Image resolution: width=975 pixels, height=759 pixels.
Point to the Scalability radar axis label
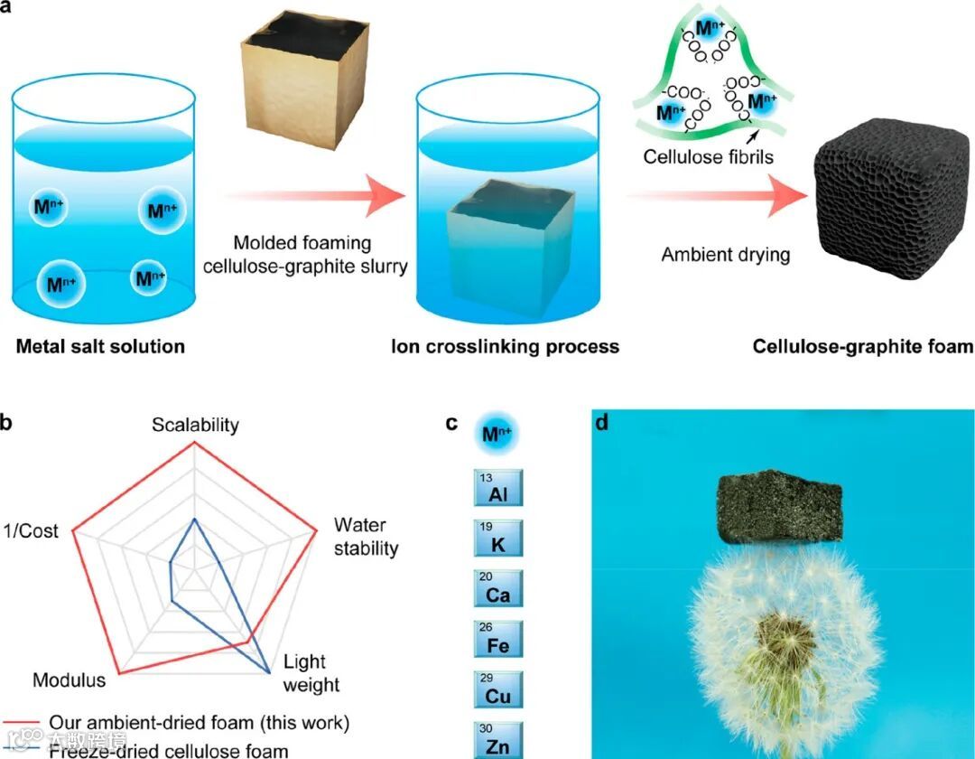[x=195, y=425]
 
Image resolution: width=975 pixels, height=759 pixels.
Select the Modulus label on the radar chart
[x=69, y=679]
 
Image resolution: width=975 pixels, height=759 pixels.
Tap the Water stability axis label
[x=365, y=537]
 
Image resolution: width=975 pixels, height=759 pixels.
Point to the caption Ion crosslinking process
[x=505, y=346]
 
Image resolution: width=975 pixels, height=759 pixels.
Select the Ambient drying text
[x=725, y=254]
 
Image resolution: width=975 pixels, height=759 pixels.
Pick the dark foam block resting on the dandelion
[x=778, y=505]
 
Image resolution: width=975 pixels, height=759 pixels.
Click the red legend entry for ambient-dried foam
[x=181, y=723]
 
